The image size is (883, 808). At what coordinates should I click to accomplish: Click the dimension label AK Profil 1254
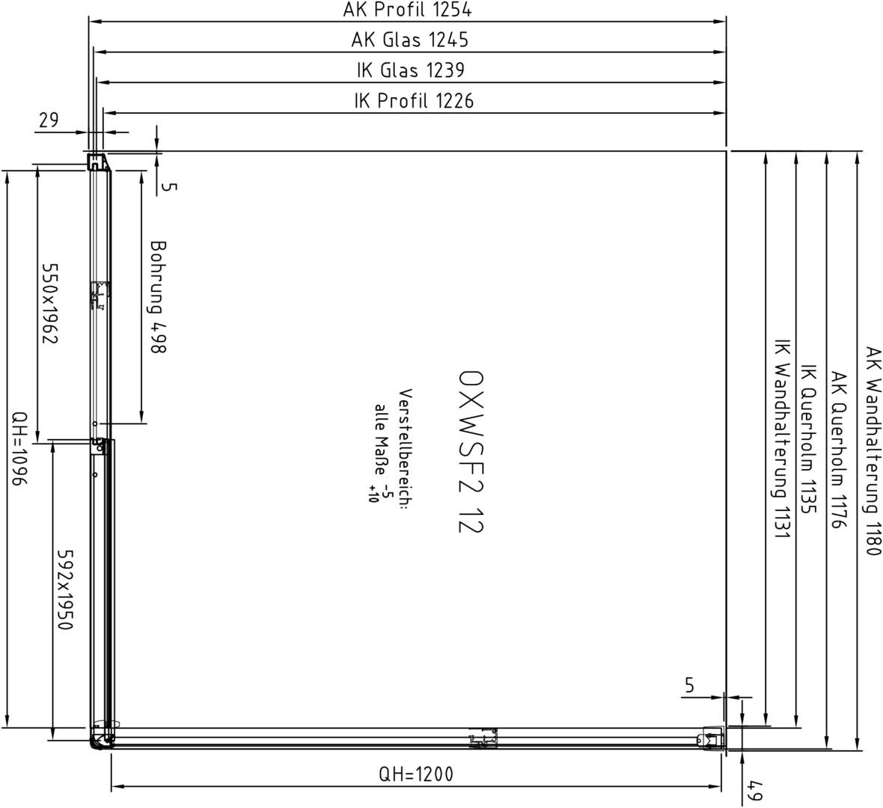pyautogui.click(x=407, y=10)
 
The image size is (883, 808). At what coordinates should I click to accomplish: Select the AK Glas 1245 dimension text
pyautogui.click(x=409, y=40)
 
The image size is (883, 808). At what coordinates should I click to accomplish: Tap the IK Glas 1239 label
pyautogui.click(x=410, y=70)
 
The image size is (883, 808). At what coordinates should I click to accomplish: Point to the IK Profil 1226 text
pyautogui.click(x=414, y=101)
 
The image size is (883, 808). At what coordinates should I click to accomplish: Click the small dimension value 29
pyautogui.click(x=49, y=120)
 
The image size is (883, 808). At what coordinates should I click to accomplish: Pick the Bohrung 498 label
pyautogui.click(x=159, y=297)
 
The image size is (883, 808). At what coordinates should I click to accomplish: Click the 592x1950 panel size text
pyautogui.click(x=66, y=590)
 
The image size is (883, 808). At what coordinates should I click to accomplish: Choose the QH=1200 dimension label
pyautogui.click(x=415, y=774)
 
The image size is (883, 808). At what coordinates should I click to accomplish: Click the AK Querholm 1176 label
pyautogui.click(x=839, y=450)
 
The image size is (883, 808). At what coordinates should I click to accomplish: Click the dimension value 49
pyautogui.click(x=755, y=789)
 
